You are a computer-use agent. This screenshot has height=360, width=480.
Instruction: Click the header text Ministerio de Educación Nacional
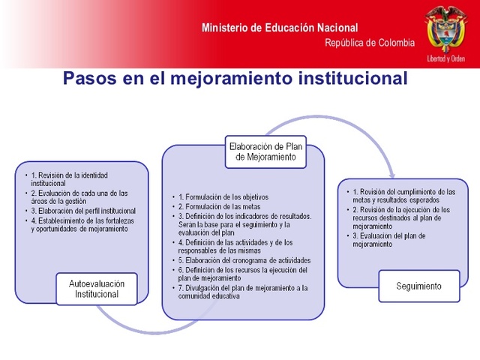pos(279,28)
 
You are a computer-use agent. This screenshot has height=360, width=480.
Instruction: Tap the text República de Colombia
pos(369,43)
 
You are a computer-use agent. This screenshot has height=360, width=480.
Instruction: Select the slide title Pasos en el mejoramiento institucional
pos(235,78)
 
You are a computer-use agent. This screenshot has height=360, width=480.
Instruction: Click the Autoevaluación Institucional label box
pos(97,289)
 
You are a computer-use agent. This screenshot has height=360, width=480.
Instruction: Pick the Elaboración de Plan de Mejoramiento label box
pos(268,151)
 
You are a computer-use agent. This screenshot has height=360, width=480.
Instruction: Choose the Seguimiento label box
pos(419,286)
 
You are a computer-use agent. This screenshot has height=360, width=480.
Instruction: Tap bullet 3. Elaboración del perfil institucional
pos(83,211)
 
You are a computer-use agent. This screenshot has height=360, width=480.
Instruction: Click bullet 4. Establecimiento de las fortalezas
pos(79,225)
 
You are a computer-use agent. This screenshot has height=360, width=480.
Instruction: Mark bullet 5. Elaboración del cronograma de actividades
pos(244,260)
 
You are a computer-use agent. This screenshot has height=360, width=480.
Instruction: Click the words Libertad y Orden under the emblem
pos(445,58)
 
